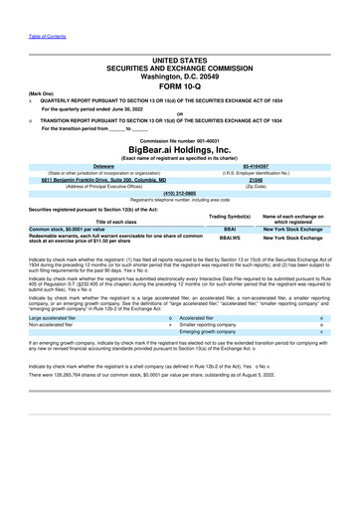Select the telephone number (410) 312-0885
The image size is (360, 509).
tap(179, 192)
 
